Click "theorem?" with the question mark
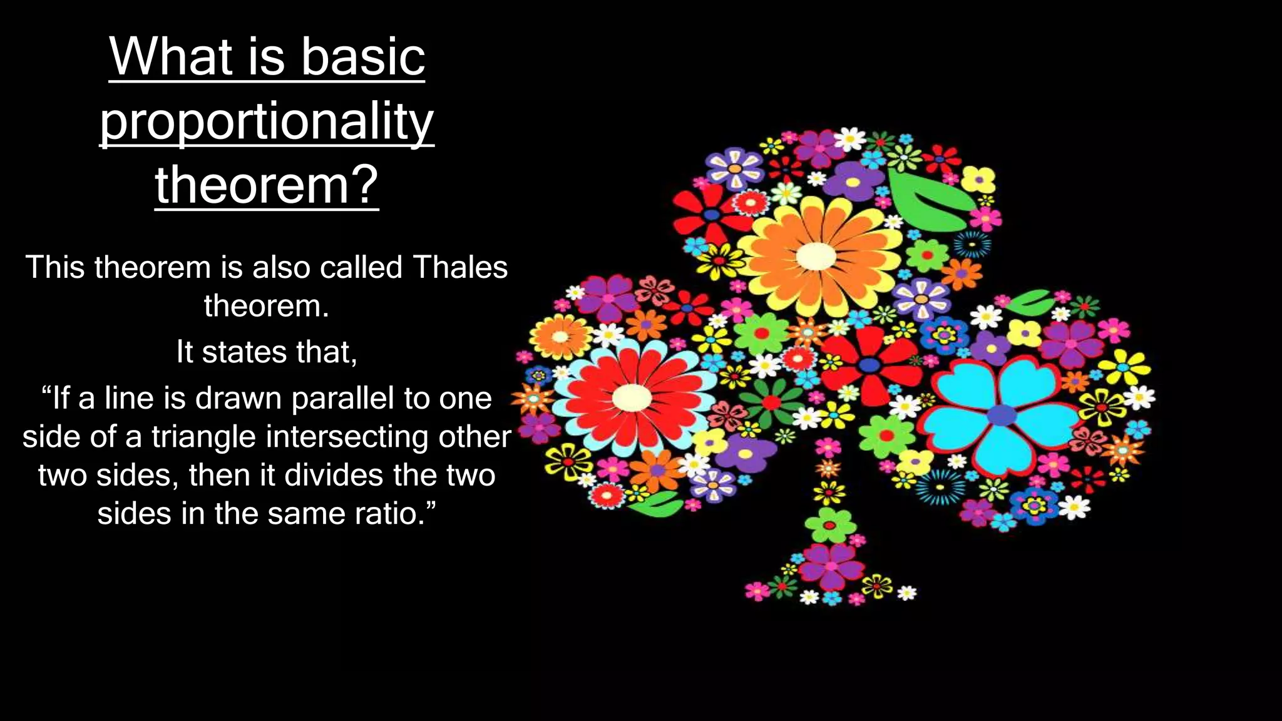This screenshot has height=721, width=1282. pos(267,185)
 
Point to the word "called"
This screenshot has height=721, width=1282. pos(361,267)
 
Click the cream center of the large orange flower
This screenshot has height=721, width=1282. pos(816,256)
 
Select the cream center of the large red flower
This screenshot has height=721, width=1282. pos(632,397)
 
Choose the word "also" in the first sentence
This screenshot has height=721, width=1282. pos(280,267)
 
